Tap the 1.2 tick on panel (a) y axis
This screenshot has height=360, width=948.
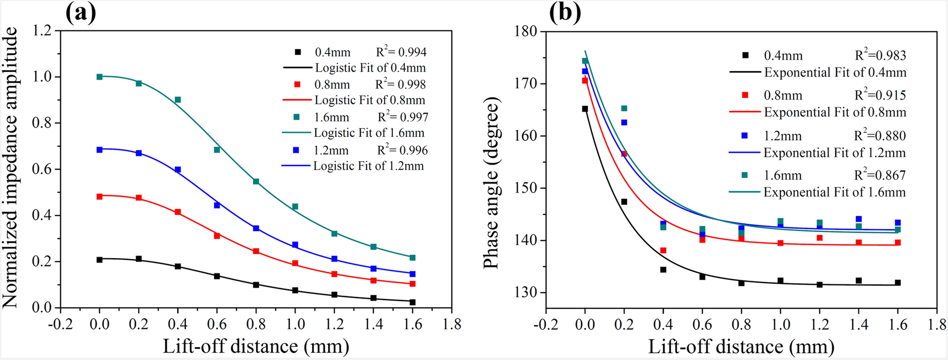click(x=42, y=30)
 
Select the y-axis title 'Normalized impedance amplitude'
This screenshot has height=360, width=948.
click(x=11, y=167)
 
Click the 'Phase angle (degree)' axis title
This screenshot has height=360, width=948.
click(x=491, y=183)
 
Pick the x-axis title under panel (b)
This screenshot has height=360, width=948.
click(x=741, y=346)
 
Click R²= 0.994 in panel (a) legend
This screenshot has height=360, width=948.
click(x=401, y=52)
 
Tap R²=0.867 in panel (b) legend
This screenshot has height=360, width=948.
click(x=880, y=175)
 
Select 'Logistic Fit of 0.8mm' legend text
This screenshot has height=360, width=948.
click(x=370, y=100)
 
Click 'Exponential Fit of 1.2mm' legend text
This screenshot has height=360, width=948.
click(x=834, y=153)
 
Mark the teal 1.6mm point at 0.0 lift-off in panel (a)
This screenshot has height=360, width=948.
click(x=100, y=76)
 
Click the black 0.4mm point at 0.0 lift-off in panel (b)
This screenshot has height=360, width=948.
click(x=585, y=109)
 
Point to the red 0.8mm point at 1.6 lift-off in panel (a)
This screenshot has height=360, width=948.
click(x=413, y=284)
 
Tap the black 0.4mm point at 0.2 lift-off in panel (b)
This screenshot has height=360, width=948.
click(x=624, y=202)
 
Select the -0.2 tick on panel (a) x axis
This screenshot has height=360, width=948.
click(x=60, y=324)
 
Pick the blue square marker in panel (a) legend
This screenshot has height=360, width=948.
click(x=296, y=150)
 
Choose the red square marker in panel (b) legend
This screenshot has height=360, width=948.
click(x=745, y=95)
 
